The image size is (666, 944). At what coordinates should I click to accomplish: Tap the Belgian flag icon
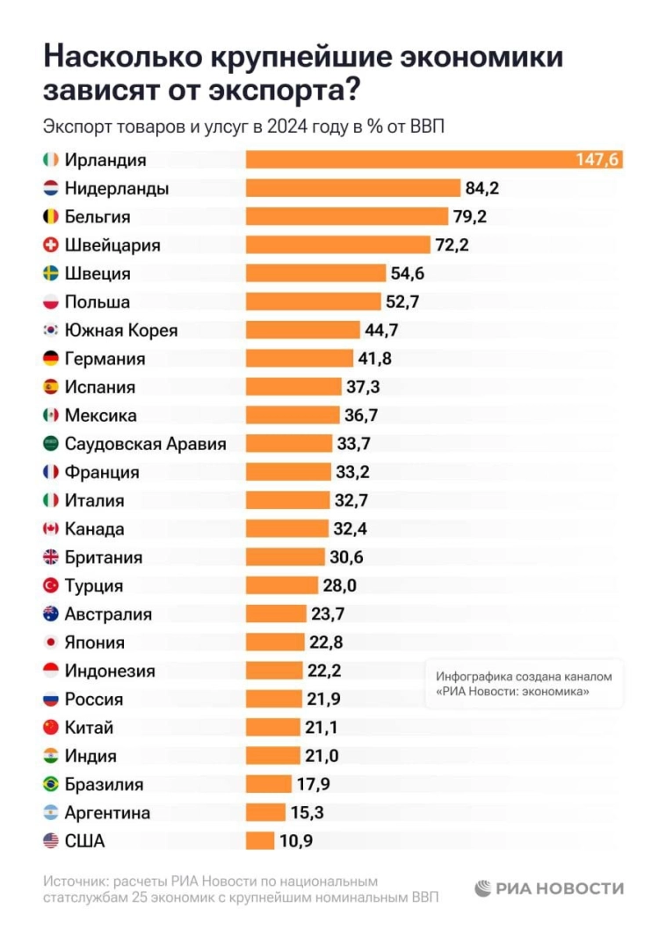click(x=51, y=217)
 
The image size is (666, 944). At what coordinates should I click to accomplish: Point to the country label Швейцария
click(x=112, y=245)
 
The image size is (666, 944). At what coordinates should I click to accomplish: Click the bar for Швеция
click(x=315, y=273)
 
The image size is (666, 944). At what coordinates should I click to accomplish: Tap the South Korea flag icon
click(x=51, y=330)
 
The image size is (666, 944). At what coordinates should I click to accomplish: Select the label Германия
click(x=105, y=359)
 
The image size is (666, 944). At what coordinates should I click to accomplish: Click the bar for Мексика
click(x=293, y=415)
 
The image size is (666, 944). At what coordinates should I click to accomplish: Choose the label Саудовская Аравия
click(x=145, y=444)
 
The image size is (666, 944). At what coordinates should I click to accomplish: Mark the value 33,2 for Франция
click(x=352, y=472)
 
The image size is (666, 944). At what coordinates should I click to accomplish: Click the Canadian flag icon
click(x=51, y=529)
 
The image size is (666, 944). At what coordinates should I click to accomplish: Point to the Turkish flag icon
click(x=51, y=585)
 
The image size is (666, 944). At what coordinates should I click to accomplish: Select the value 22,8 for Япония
click(x=326, y=643)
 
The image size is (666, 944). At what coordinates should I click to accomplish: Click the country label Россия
click(x=94, y=700)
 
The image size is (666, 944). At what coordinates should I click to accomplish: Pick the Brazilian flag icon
click(x=51, y=784)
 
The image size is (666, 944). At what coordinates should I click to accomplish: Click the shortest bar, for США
click(x=260, y=841)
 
